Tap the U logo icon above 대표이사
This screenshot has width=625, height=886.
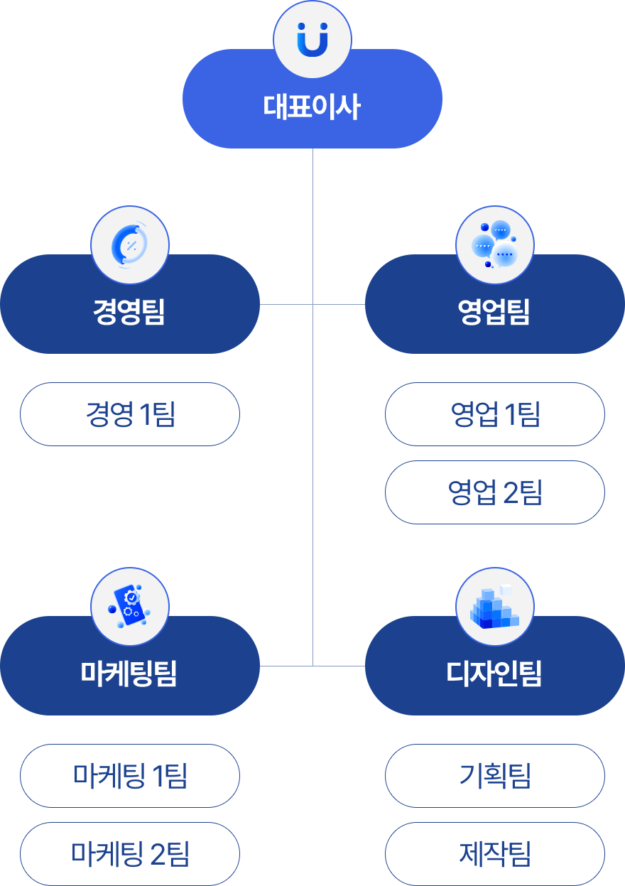click(312, 39)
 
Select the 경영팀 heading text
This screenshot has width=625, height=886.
click(129, 312)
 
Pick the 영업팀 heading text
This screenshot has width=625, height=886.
click(494, 312)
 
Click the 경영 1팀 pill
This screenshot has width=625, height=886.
click(129, 414)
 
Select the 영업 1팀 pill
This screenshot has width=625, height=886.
click(494, 414)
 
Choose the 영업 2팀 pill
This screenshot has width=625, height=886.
click(494, 492)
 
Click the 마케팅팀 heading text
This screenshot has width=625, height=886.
click(129, 673)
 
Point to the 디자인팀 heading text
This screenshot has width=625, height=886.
click(494, 673)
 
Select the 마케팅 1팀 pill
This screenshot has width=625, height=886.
click(129, 776)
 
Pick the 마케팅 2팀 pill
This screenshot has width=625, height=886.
click(129, 853)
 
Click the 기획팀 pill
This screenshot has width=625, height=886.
click(494, 776)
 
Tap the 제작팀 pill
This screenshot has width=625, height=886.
click(494, 853)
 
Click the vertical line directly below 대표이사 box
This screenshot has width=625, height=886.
click(312, 213)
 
